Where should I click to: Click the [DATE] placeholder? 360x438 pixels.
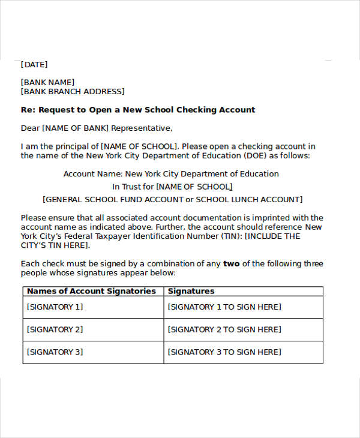[x=34, y=64]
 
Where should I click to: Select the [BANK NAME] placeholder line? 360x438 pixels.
[x=47, y=82]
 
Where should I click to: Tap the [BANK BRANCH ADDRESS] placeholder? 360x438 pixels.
[x=73, y=92]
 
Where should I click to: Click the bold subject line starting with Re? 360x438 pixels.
[x=138, y=110]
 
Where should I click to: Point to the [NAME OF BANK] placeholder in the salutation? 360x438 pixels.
[x=74, y=128]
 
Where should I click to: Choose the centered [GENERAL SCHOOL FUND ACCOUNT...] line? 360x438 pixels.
[x=172, y=199]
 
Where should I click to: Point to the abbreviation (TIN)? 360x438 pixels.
[x=230, y=236]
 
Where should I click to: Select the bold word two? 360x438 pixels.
[x=230, y=264]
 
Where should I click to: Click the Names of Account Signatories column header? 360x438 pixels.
[x=91, y=291]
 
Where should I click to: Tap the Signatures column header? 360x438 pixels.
[x=191, y=291]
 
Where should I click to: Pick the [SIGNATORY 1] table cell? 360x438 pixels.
[x=55, y=307]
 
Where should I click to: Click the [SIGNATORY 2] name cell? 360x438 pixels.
[x=55, y=329]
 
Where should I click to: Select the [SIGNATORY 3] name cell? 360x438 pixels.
[x=55, y=352]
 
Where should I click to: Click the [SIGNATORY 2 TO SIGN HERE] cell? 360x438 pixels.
[x=224, y=329]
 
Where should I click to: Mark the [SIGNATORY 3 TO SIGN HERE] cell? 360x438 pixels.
[x=224, y=352]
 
